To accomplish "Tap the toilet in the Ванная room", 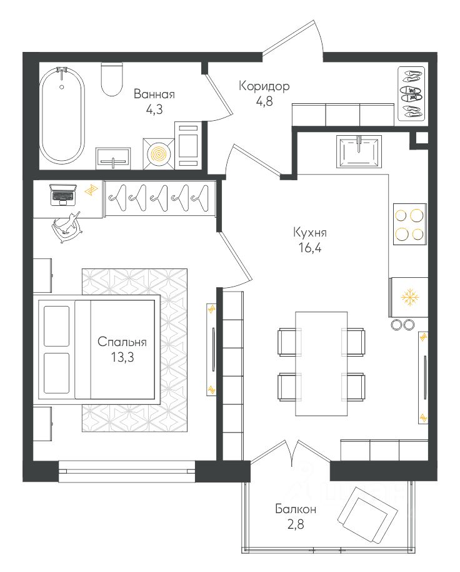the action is click(111, 79).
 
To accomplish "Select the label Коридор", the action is click(264, 86).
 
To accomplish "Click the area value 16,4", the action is click(309, 248).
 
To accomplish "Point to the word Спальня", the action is click(122, 342).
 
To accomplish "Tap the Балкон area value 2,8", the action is click(295, 524).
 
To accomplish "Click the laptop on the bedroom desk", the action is click(62, 195).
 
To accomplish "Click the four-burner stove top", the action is click(410, 224).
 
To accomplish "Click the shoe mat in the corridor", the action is click(411, 94).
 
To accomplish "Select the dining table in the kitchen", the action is click(321, 364).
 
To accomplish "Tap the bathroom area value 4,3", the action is click(154, 110).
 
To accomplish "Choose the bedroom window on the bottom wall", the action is click(127, 467).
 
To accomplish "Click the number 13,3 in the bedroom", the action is click(122, 357).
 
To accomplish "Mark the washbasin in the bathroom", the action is click(113, 158).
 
